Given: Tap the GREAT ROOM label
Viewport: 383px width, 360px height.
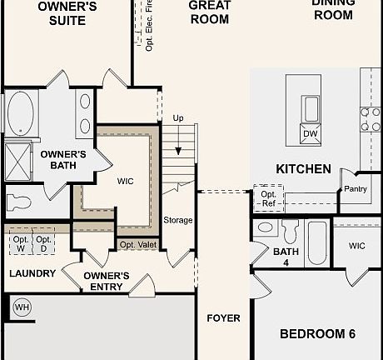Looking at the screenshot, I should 209,12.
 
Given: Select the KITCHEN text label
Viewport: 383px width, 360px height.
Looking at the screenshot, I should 303,169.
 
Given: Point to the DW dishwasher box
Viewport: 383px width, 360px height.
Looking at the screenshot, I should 310,133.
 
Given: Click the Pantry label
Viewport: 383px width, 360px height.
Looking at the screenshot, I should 355,189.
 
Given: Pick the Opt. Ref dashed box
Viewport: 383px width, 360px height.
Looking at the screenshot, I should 268,197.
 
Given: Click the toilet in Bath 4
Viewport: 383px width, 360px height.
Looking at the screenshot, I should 290,232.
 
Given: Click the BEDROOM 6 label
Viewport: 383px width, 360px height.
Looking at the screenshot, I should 317,334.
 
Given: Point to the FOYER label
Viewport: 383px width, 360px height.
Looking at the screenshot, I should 223,318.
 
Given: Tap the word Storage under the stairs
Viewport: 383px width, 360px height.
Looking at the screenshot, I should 178,221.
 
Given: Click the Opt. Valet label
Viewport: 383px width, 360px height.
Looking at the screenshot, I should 138,244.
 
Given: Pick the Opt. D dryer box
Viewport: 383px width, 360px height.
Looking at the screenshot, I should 43,244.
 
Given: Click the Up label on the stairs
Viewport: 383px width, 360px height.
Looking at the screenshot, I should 178,118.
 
